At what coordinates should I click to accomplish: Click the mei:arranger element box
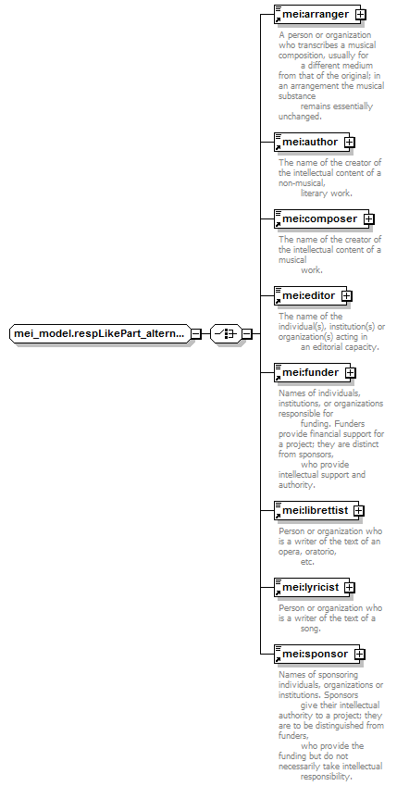click(x=316, y=15)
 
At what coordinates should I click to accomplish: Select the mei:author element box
click(x=311, y=143)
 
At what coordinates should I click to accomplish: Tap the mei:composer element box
click(x=321, y=219)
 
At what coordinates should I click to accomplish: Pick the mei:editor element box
click(x=310, y=295)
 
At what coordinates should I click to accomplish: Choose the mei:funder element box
click(x=312, y=372)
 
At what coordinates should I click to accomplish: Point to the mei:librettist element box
click(x=316, y=510)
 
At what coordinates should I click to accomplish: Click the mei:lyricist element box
click(x=312, y=587)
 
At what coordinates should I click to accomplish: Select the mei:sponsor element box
click(x=316, y=655)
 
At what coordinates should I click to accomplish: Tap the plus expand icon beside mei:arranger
click(x=360, y=15)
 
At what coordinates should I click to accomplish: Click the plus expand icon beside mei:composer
click(x=368, y=219)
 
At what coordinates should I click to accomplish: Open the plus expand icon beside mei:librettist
click(x=359, y=511)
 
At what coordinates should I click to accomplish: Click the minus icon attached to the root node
click(x=196, y=333)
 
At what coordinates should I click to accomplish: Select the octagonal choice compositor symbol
click(x=226, y=333)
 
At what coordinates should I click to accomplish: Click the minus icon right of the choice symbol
click(x=246, y=333)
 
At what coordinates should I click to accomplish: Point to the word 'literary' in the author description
click(x=314, y=193)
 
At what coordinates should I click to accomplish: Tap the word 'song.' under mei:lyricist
click(x=311, y=628)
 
